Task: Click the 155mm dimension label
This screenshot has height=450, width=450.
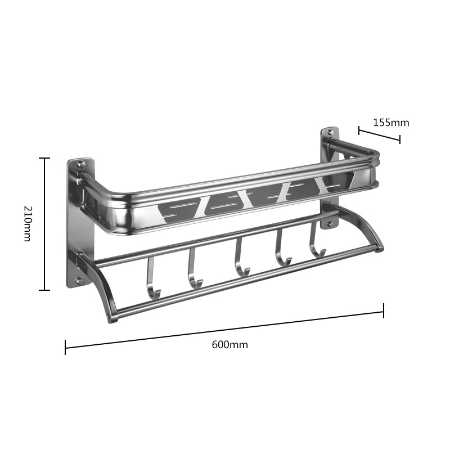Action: point(391,123)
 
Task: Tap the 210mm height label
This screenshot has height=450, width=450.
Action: point(28,223)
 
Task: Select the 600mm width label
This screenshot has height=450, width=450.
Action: point(230,344)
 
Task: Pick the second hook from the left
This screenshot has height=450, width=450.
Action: point(193,268)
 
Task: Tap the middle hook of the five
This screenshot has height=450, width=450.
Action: point(240,258)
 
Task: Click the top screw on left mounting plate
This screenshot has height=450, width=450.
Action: point(81,165)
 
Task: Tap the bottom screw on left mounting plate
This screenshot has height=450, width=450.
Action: point(80,281)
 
